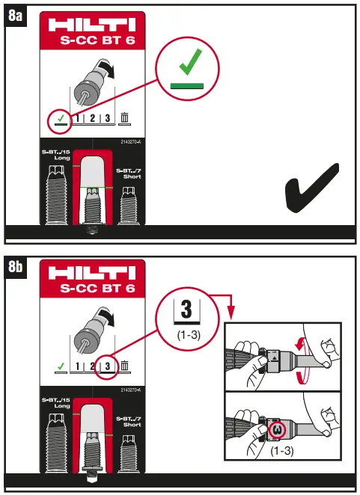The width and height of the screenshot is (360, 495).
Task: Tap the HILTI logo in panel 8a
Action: point(92,25)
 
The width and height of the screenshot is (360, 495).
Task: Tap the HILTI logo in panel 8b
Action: point(92,275)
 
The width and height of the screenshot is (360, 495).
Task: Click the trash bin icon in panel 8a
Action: point(125,117)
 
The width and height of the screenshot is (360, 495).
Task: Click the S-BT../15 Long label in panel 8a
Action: point(53,154)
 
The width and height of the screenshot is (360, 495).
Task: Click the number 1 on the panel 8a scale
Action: point(78,117)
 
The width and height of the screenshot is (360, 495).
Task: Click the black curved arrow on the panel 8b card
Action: point(111,322)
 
